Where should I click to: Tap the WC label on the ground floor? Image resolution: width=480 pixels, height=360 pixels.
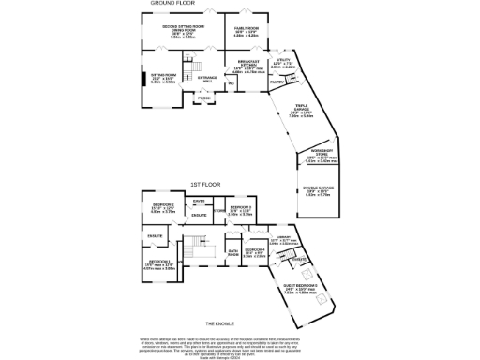tap(229, 82)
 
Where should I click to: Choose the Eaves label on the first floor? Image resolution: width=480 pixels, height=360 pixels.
tap(199, 201)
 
